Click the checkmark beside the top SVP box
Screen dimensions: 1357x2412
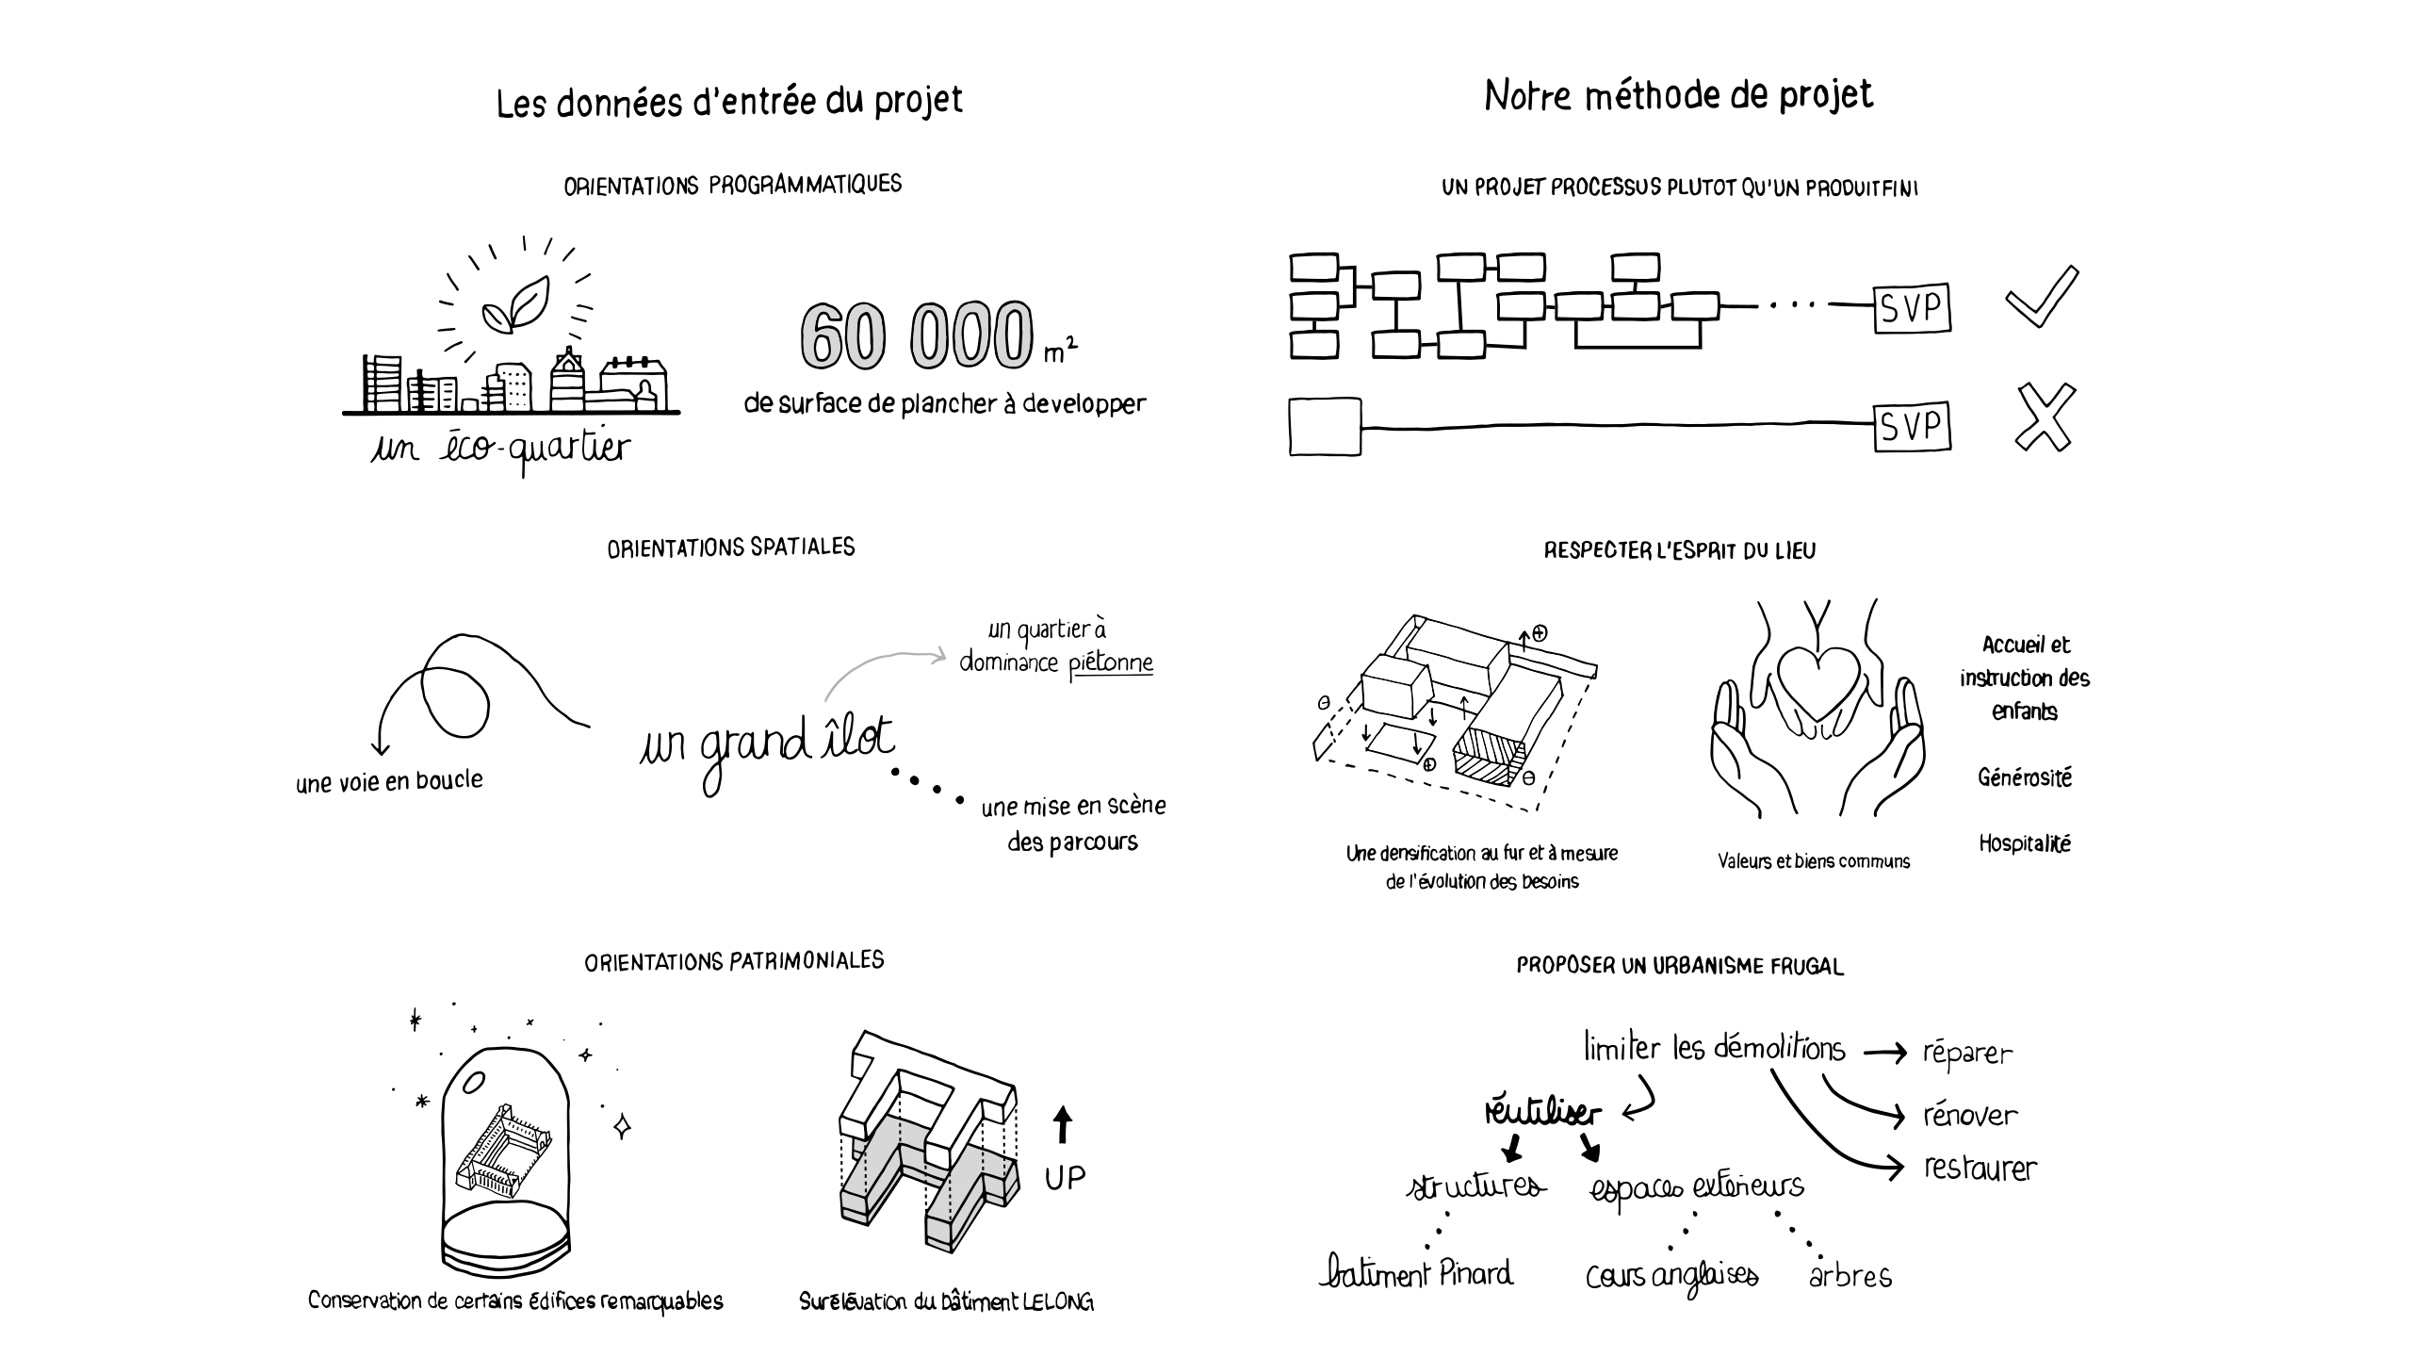2042,298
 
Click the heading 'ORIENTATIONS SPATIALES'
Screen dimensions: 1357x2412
731,548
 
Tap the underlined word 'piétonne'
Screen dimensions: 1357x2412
1111,663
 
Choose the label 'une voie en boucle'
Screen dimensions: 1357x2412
389,782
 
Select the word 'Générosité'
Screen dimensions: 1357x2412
2024,777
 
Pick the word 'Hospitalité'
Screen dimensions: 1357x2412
2024,843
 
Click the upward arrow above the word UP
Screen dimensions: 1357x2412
1063,1124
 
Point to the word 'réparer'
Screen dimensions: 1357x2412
1967,1054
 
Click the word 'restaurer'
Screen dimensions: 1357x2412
1980,1169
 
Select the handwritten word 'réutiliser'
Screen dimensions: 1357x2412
1541,1113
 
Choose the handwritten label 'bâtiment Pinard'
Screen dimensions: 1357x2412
1416,1273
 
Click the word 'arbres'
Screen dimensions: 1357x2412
1850,1276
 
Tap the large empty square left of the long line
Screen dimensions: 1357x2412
1325,428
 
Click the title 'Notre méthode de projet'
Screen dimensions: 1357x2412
1678,95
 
